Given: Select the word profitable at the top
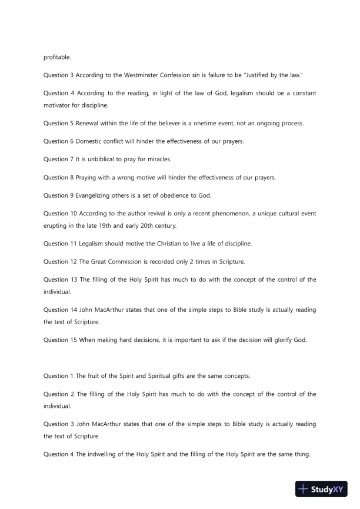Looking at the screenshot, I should point(57,58).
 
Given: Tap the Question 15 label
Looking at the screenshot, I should point(59,340).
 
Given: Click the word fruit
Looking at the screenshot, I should point(98,376).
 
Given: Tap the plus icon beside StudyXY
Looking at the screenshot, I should point(304,489).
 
